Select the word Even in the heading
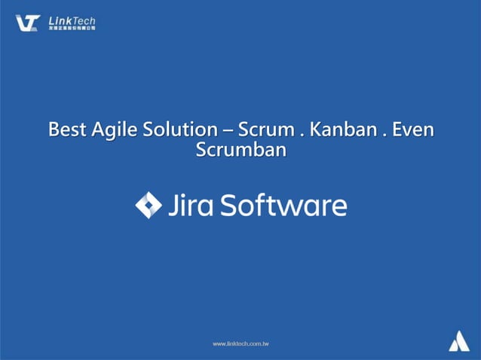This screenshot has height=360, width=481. (x=414, y=130)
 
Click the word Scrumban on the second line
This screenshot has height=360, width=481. (x=240, y=150)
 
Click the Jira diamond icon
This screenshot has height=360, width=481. (x=148, y=206)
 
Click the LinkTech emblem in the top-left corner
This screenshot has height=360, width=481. (x=28, y=23)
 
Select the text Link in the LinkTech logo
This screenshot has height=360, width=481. (x=60, y=20)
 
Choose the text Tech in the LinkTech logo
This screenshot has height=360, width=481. (x=84, y=20)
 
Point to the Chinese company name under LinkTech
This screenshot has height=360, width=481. (x=72, y=29)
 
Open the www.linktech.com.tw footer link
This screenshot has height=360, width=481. (x=240, y=343)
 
